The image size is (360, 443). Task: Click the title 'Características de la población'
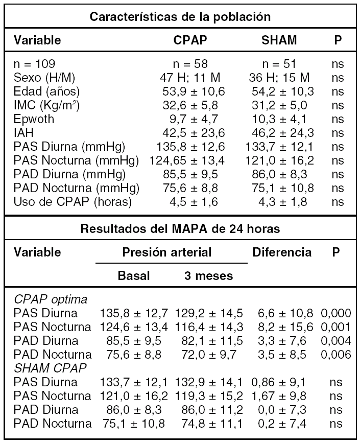[x=180, y=16]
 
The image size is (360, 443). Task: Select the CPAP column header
[x=190, y=40]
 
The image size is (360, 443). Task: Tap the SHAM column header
[x=279, y=40]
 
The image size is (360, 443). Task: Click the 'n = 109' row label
[x=35, y=64]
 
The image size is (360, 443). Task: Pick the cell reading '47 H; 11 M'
[x=190, y=78]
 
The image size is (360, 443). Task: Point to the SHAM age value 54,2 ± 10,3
[x=283, y=92]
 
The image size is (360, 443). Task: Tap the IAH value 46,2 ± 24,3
[x=283, y=133]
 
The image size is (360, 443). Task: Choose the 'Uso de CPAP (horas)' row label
[x=73, y=202]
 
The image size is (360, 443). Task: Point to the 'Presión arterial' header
[x=166, y=252]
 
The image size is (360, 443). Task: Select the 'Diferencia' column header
[x=282, y=252]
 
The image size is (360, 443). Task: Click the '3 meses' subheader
[x=208, y=276]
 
